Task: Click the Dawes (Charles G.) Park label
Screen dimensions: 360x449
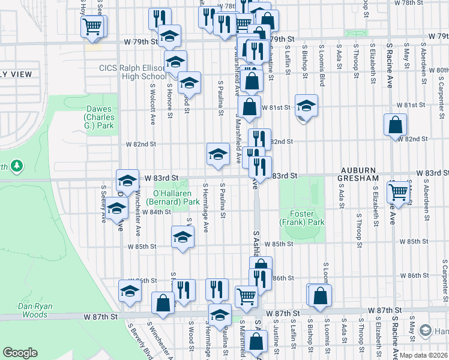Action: pos(100,118)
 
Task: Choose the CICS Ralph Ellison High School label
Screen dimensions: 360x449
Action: pos(133,73)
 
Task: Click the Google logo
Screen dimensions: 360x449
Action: pos(20,353)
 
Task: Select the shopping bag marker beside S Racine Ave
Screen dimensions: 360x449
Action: pos(396,125)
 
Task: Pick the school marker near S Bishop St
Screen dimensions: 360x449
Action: pos(306,106)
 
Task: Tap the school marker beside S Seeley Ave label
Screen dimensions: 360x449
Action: pos(116,208)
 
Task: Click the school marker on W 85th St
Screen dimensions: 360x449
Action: pos(182,236)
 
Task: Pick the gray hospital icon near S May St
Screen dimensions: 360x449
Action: pos(426,331)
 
